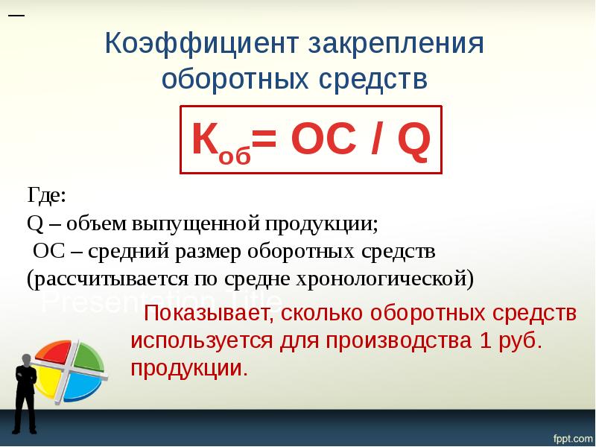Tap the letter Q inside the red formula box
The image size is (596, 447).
coord(413,140)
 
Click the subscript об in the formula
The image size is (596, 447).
coord(233,153)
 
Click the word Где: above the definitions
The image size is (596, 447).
coord(47,196)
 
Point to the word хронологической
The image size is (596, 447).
coord(376,279)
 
